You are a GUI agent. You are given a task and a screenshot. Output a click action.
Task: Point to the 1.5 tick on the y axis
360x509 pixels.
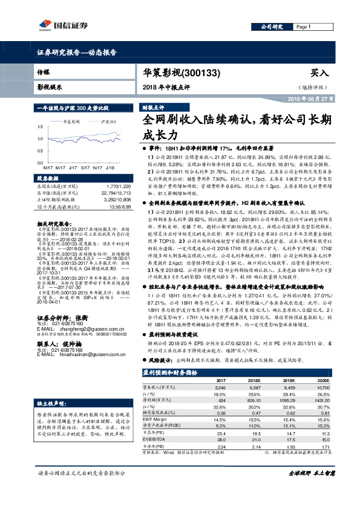click(x=40, y=126)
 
